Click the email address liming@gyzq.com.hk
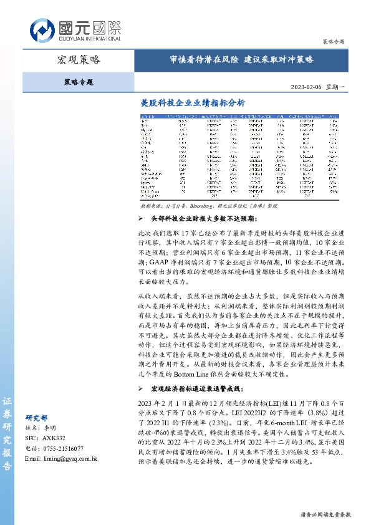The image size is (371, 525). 62,458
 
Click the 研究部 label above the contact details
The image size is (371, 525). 36,418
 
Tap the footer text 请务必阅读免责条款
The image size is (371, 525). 321,514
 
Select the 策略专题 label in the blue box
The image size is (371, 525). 79,82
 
